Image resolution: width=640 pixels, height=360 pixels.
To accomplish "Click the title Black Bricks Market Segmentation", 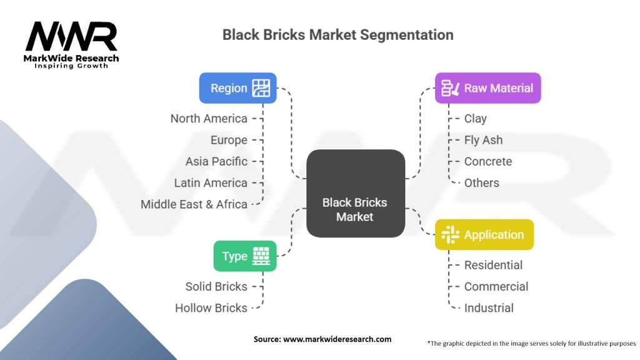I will tap(337, 34).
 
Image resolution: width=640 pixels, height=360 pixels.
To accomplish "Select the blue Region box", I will tap(237, 88).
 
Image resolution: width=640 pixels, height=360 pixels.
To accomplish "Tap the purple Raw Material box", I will tap(487, 88).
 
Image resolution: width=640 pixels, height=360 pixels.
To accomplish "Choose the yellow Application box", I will tap(484, 235).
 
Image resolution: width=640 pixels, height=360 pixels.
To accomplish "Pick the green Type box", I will tap(245, 256).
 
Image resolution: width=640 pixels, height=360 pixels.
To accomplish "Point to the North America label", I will tap(209, 119).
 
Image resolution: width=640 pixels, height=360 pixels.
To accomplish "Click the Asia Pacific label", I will tap(216, 161).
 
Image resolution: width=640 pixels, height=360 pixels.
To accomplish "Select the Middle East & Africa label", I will tap(194, 204).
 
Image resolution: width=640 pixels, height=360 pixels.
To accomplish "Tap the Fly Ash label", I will tap(483, 140).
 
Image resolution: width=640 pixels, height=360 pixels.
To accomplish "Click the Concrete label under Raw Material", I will tap(487, 161).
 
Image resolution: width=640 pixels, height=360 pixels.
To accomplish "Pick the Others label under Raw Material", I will tap(481, 182).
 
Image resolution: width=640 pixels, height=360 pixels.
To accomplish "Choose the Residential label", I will tap(493, 265).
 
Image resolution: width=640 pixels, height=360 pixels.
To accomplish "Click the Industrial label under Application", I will tap(489, 307).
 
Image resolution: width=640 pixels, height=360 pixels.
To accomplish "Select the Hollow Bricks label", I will tap(211, 307).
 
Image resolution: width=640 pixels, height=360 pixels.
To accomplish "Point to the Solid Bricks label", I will tap(216, 286).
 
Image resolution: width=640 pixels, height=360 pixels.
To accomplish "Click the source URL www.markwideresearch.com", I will tap(337, 339).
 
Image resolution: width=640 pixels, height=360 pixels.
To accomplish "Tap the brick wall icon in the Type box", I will tap(261, 256).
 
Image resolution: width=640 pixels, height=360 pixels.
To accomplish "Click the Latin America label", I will tap(211, 182).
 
